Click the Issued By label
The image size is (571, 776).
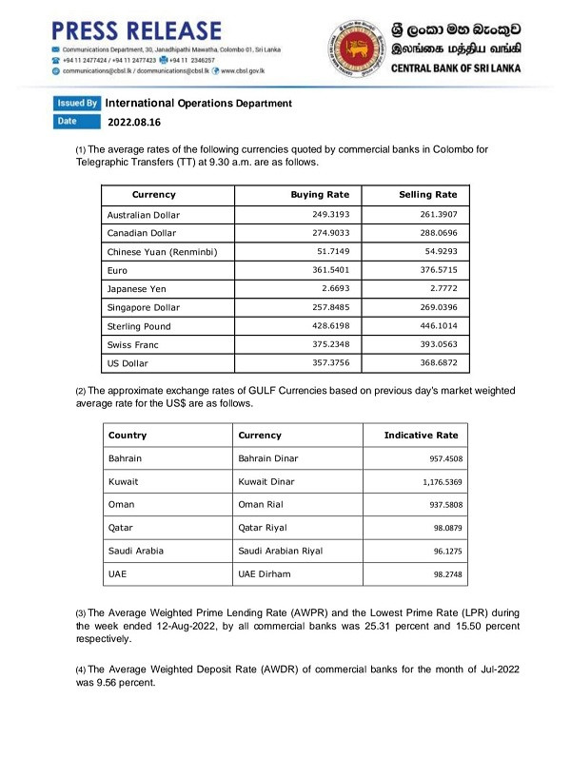[77, 103]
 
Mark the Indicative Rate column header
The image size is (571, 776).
[421, 436]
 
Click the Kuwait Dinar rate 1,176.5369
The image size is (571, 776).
[435, 482]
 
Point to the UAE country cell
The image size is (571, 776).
[118, 574]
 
